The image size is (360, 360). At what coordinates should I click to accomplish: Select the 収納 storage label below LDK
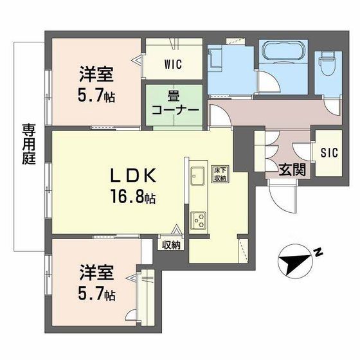pyautogui.click(x=171, y=244)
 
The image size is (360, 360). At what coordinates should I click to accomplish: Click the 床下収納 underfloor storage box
pyautogui.click(x=220, y=174)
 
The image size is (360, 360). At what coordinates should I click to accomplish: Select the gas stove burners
pyautogui.click(x=197, y=220)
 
